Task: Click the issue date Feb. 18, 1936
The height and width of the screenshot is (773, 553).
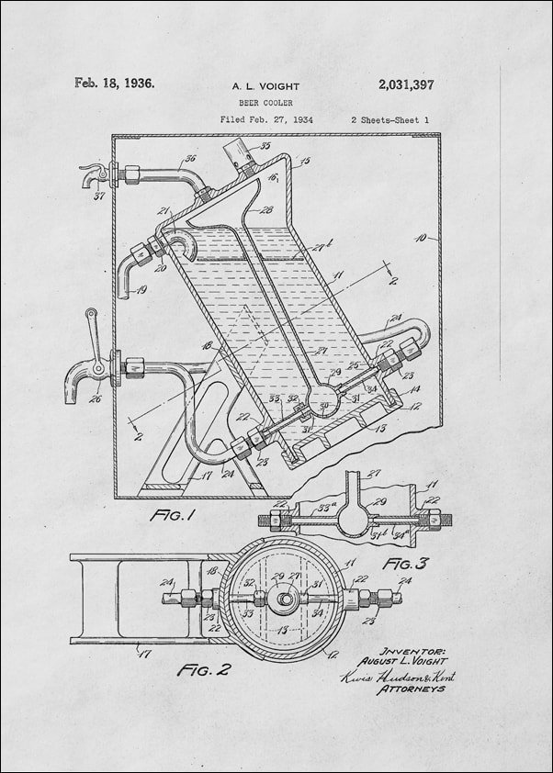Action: coord(114,83)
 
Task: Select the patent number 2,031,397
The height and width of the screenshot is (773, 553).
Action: coord(405,84)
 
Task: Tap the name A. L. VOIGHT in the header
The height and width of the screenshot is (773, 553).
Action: coord(265,86)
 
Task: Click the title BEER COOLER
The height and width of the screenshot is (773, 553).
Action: coord(265,104)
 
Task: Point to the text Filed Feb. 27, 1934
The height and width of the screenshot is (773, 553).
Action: coord(265,120)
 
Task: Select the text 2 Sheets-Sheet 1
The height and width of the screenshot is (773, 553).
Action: coord(389,120)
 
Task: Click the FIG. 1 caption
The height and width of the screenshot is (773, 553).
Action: coord(173,516)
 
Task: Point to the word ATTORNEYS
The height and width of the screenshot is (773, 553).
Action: coord(411,688)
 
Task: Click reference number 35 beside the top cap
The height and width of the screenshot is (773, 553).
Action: coord(265,146)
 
